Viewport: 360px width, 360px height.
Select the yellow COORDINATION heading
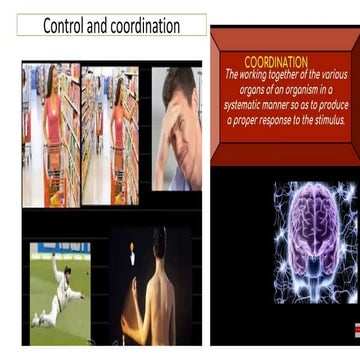point(276,62)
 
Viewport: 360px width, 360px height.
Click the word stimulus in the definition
point(318,120)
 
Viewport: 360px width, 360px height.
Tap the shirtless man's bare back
point(160,305)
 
